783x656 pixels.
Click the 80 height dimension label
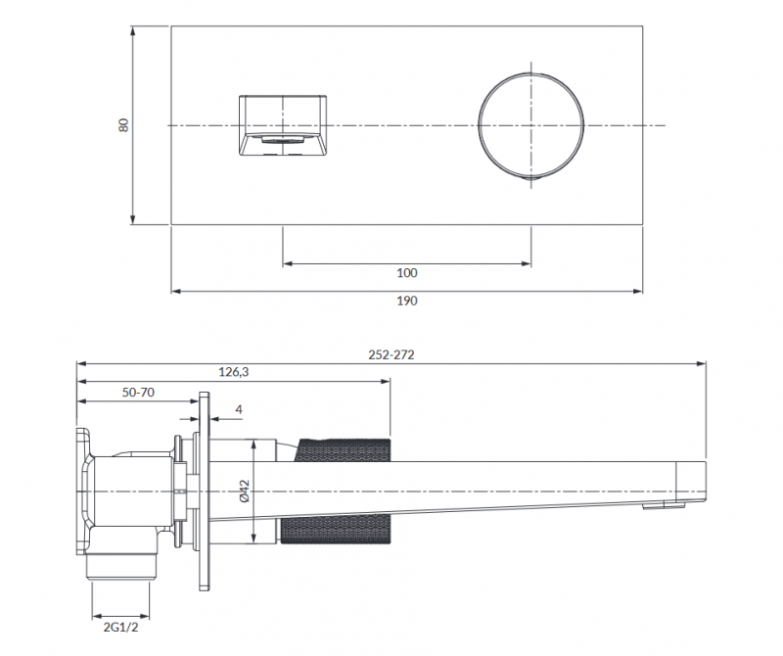click(123, 125)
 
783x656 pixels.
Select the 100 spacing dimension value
click(407, 273)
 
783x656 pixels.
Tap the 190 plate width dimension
click(407, 302)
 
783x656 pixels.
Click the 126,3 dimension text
click(234, 372)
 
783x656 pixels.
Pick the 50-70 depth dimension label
click(138, 392)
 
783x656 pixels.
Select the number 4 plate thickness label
click(239, 409)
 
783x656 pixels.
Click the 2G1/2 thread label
click(118, 627)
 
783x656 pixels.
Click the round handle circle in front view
click(530, 125)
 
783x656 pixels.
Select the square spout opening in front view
click(283, 125)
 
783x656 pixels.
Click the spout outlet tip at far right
click(693, 480)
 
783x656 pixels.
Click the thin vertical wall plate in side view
click(205, 490)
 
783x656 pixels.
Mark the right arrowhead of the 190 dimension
click(638, 291)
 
